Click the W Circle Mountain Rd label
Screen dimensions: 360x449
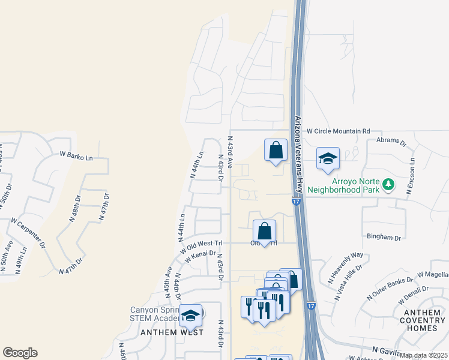pyautogui.click(x=339, y=131)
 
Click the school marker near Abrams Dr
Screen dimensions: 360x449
pyautogui.click(x=328, y=158)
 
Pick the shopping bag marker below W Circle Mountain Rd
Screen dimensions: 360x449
pyautogui.click(x=276, y=149)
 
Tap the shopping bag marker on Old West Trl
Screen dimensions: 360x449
pyautogui.click(x=264, y=231)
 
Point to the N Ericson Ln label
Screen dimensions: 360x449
pyautogui.click(x=412, y=175)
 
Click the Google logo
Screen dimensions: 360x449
pyautogui.click(x=20, y=353)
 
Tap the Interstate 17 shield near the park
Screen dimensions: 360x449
pyautogui.click(x=297, y=202)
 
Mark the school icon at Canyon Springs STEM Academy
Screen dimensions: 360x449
pyautogui.click(x=191, y=316)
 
